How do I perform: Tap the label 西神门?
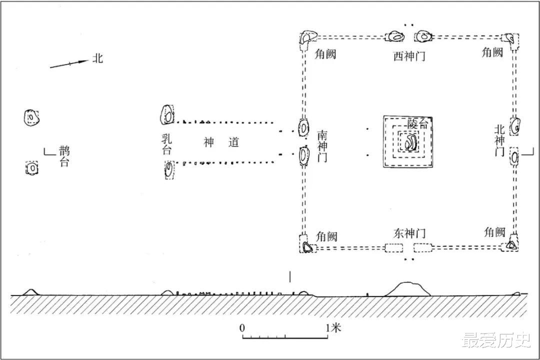(x=409, y=56)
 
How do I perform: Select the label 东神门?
(x=409, y=233)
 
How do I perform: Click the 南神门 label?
(x=322, y=146)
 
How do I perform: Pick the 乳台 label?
(x=166, y=143)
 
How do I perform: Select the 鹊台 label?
(x=63, y=156)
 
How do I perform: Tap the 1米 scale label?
(x=333, y=328)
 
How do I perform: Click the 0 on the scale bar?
(x=242, y=328)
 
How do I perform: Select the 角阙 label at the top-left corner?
(x=324, y=53)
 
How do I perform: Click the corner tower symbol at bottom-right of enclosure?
(x=511, y=245)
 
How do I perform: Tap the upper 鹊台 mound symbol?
(x=31, y=117)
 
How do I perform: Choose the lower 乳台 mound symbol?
(x=169, y=169)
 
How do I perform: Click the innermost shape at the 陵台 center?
(x=410, y=143)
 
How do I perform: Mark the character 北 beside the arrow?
(x=97, y=58)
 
